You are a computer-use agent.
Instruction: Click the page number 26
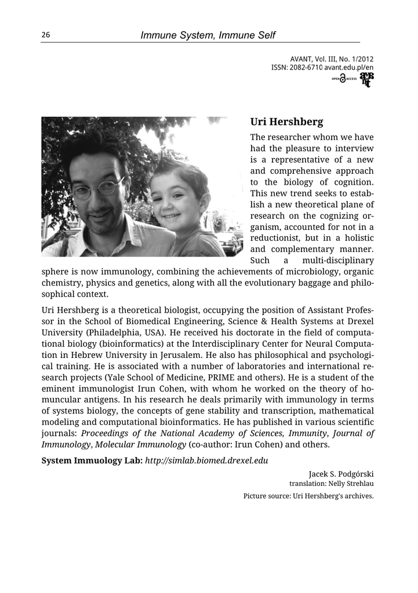pos(46,35)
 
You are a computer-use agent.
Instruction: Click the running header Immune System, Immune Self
pos(208,35)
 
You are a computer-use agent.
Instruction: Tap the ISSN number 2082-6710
pos(305,68)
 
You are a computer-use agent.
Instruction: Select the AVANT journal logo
pos(366,79)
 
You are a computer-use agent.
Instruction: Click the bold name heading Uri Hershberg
pos(286,122)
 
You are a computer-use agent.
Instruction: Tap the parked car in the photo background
pos(230,241)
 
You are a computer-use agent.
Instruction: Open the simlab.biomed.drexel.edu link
pos(206,461)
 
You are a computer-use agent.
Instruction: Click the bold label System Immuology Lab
pos(92,461)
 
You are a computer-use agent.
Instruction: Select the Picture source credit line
pos(308,496)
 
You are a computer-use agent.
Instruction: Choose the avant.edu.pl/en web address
pos(348,68)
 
